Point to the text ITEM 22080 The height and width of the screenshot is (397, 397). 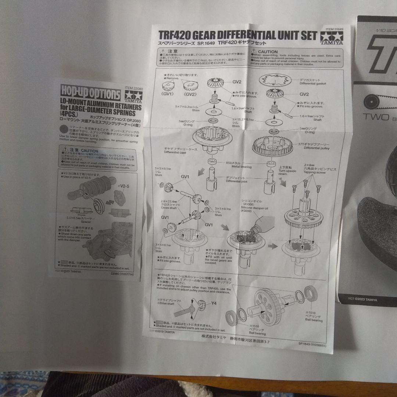133,87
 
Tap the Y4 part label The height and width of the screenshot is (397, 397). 214,304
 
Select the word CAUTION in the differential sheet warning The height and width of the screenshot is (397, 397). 267,52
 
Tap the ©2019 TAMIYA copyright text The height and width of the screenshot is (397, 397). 164,332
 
